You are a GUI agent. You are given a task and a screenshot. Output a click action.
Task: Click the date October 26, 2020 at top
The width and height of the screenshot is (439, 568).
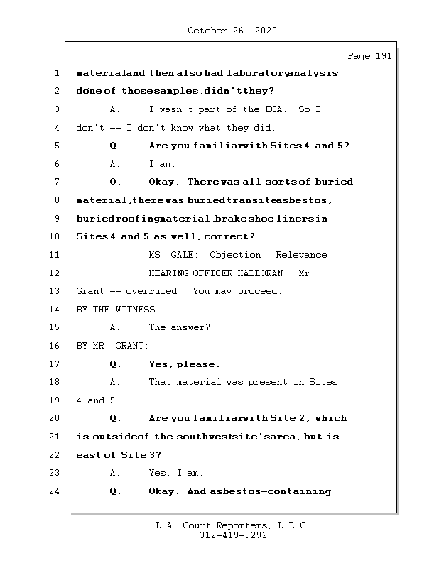click(x=232, y=31)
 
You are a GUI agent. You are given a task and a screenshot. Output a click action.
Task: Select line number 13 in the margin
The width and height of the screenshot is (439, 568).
click(x=55, y=291)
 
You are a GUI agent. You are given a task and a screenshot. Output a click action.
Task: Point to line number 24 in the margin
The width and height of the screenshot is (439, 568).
click(x=55, y=491)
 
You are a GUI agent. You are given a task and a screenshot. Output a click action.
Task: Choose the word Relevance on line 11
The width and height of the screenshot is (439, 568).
click(x=302, y=255)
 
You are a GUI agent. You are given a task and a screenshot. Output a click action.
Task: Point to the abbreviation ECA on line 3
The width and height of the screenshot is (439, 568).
click(x=274, y=109)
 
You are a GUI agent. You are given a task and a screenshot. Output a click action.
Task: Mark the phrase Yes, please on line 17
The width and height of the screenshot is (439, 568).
click(x=183, y=364)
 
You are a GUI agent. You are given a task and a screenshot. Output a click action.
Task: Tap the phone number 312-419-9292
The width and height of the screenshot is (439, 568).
click(x=232, y=536)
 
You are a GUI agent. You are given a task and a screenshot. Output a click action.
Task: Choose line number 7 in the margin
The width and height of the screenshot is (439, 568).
click(x=55, y=182)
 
